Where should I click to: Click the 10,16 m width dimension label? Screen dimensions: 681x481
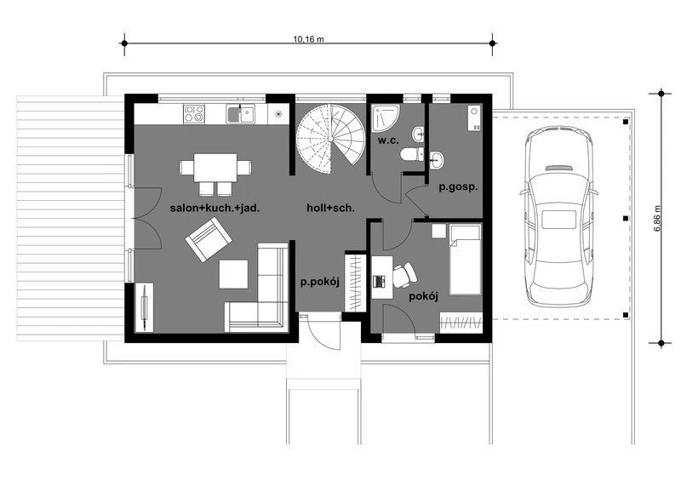(308, 39)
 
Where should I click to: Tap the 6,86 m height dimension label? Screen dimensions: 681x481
(656, 218)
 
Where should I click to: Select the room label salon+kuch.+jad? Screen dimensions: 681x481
(215, 208)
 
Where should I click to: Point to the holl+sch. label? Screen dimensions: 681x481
(330, 208)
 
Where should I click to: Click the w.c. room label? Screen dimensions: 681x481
(388, 140)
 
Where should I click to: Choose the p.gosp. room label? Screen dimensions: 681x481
(458, 187)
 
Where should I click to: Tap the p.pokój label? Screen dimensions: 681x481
(320, 282)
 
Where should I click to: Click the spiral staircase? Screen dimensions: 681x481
(330, 135)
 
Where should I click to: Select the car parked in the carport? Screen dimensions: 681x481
(558, 217)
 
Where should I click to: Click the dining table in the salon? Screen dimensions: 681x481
(215, 167)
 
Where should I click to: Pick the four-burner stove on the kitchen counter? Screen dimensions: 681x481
(194, 114)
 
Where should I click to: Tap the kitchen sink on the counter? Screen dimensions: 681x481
(241, 114)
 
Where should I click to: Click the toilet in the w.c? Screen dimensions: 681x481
(412, 154)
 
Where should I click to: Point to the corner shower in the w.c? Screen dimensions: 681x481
(385, 117)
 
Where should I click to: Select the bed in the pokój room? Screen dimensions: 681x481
(465, 260)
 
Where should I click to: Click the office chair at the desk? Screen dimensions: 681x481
(404, 275)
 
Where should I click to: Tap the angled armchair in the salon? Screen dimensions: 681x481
(208, 239)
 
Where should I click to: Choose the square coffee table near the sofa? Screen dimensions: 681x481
(233, 274)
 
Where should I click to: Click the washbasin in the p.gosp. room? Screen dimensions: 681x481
(437, 160)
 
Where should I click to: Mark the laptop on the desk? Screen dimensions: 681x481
(379, 281)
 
